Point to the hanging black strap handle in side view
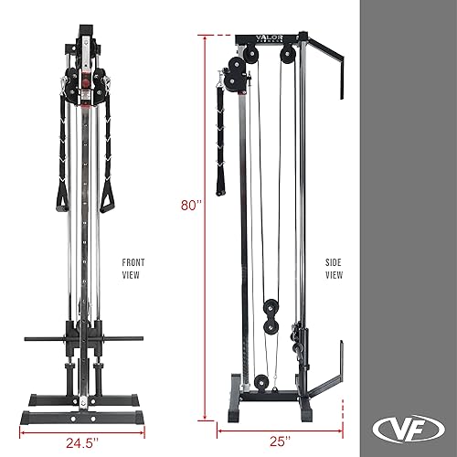[x=219, y=137]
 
